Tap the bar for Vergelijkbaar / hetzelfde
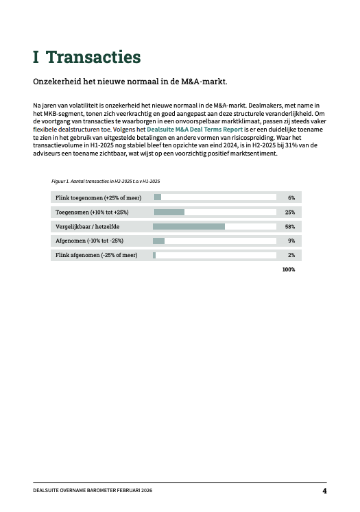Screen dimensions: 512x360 click(189, 226)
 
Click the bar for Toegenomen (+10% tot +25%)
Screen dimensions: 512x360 click(169, 212)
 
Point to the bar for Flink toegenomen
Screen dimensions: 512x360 click(157, 197)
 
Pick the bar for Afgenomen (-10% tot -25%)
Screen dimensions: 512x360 click(158, 241)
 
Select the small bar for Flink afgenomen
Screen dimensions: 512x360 click(154, 255)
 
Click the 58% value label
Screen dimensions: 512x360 click(290, 226)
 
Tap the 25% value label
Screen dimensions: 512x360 click(290, 212)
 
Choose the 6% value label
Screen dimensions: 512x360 click(291, 197)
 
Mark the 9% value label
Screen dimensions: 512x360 click(291, 241)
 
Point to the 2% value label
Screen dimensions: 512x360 click(291, 255)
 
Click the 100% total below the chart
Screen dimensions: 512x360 click(289, 269)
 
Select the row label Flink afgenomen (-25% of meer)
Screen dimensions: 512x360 click(96, 255)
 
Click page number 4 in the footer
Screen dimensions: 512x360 click(324, 491)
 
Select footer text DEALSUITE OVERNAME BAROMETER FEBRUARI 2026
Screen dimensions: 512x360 click(86, 491)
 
